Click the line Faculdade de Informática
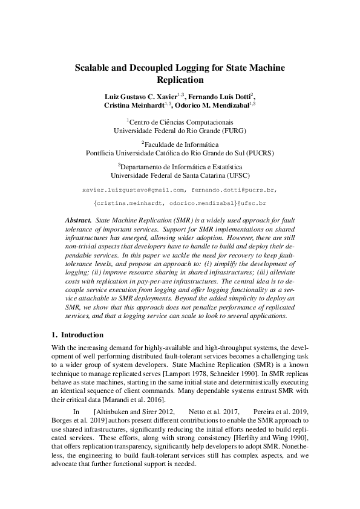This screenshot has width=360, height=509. click(181, 144)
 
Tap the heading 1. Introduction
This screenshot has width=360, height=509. click(77, 334)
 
